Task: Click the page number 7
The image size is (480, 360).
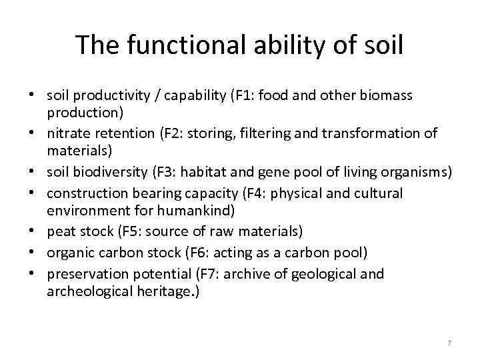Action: [449, 343]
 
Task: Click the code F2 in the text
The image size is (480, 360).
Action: [170, 133]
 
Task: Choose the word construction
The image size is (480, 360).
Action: [83, 193]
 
